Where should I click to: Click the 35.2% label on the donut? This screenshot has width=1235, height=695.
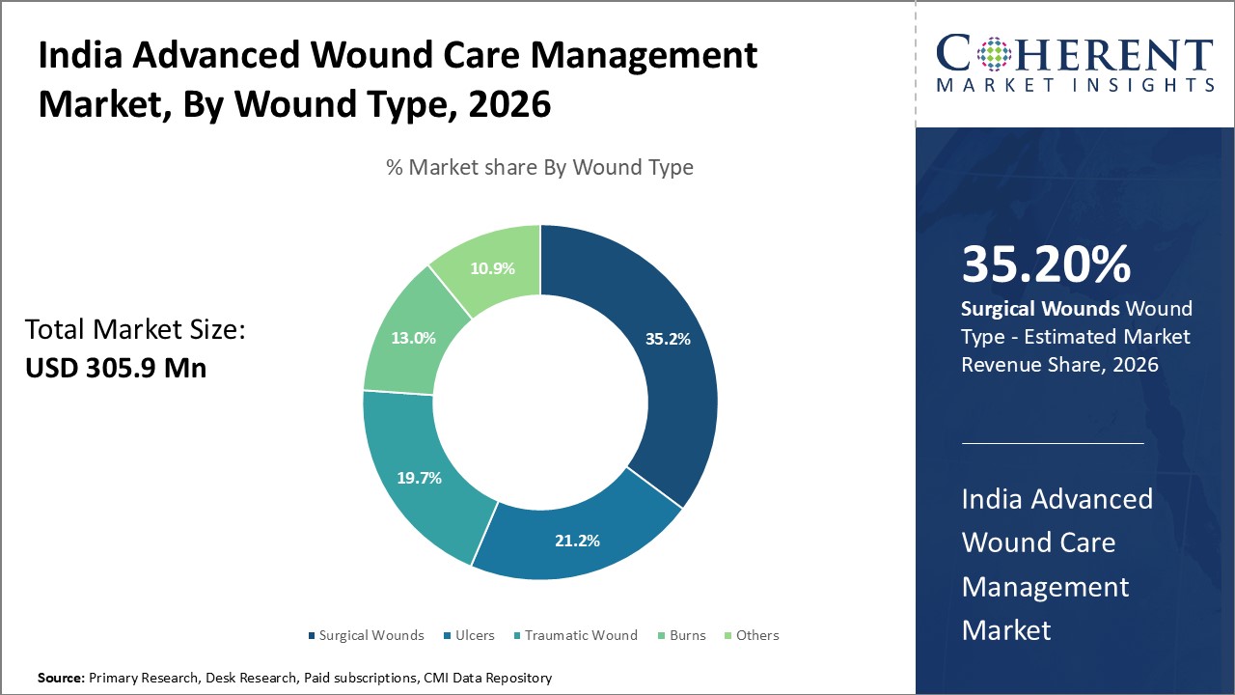(x=668, y=339)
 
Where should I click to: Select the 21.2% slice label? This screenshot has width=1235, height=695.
(x=577, y=541)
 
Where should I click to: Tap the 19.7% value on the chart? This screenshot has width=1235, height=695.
(x=420, y=478)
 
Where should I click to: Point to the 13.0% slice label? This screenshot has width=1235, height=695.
(x=413, y=339)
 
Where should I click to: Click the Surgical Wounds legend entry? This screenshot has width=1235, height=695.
(x=370, y=635)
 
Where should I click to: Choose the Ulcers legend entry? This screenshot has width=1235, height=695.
(x=475, y=635)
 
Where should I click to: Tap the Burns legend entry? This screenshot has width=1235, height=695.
(x=688, y=635)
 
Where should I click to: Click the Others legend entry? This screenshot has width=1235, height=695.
(x=756, y=635)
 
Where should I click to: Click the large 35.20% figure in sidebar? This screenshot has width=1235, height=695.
(x=1046, y=264)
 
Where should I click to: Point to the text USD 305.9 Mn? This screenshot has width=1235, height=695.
(x=116, y=368)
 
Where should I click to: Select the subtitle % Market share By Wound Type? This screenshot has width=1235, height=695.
(x=539, y=167)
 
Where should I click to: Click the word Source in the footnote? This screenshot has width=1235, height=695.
(x=61, y=679)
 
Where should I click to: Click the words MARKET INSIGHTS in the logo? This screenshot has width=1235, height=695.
(x=1075, y=85)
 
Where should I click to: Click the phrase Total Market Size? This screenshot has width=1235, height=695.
(x=135, y=330)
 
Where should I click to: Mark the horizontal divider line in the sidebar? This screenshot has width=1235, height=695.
(x=1053, y=443)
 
